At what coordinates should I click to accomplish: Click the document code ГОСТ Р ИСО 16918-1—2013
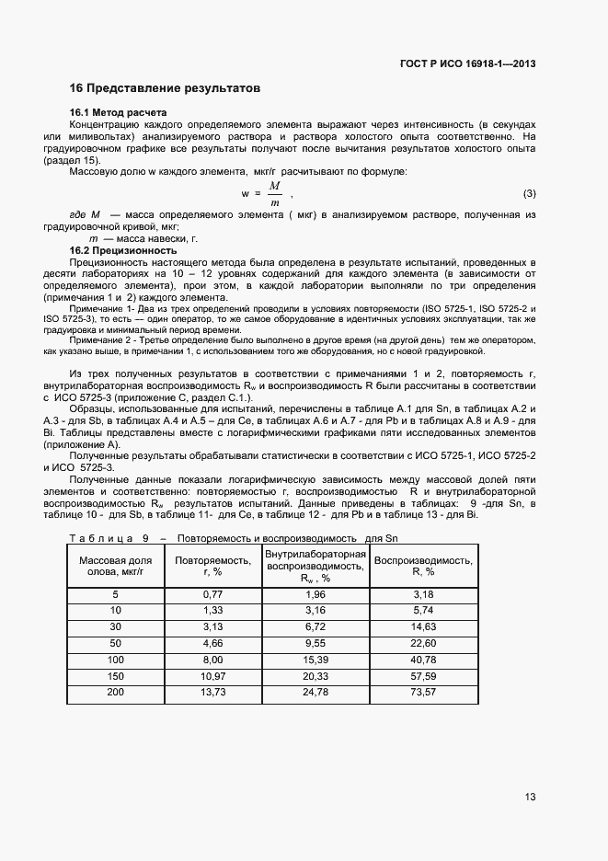pyautogui.click(x=468, y=64)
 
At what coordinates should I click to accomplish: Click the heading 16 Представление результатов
pyautogui.click(x=165, y=88)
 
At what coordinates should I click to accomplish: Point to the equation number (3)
pyautogui.click(x=529, y=194)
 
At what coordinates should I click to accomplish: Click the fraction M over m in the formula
pyautogui.click(x=274, y=194)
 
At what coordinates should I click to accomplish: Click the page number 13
pyautogui.click(x=529, y=797)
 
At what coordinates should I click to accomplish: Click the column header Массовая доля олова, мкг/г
pyautogui.click(x=115, y=565)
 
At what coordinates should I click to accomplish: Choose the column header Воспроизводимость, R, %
pyautogui.click(x=423, y=565)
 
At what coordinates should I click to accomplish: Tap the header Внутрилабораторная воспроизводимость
pyautogui.click(x=315, y=560)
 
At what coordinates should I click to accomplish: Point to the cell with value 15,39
pyautogui.click(x=315, y=660)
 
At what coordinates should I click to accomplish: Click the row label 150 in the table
pyautogui.click(x=115, y=676)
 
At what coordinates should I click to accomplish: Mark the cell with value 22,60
pyautogui.click(x=423, y=643)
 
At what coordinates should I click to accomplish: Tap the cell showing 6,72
pyautogui.click(x=315, y=626)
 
